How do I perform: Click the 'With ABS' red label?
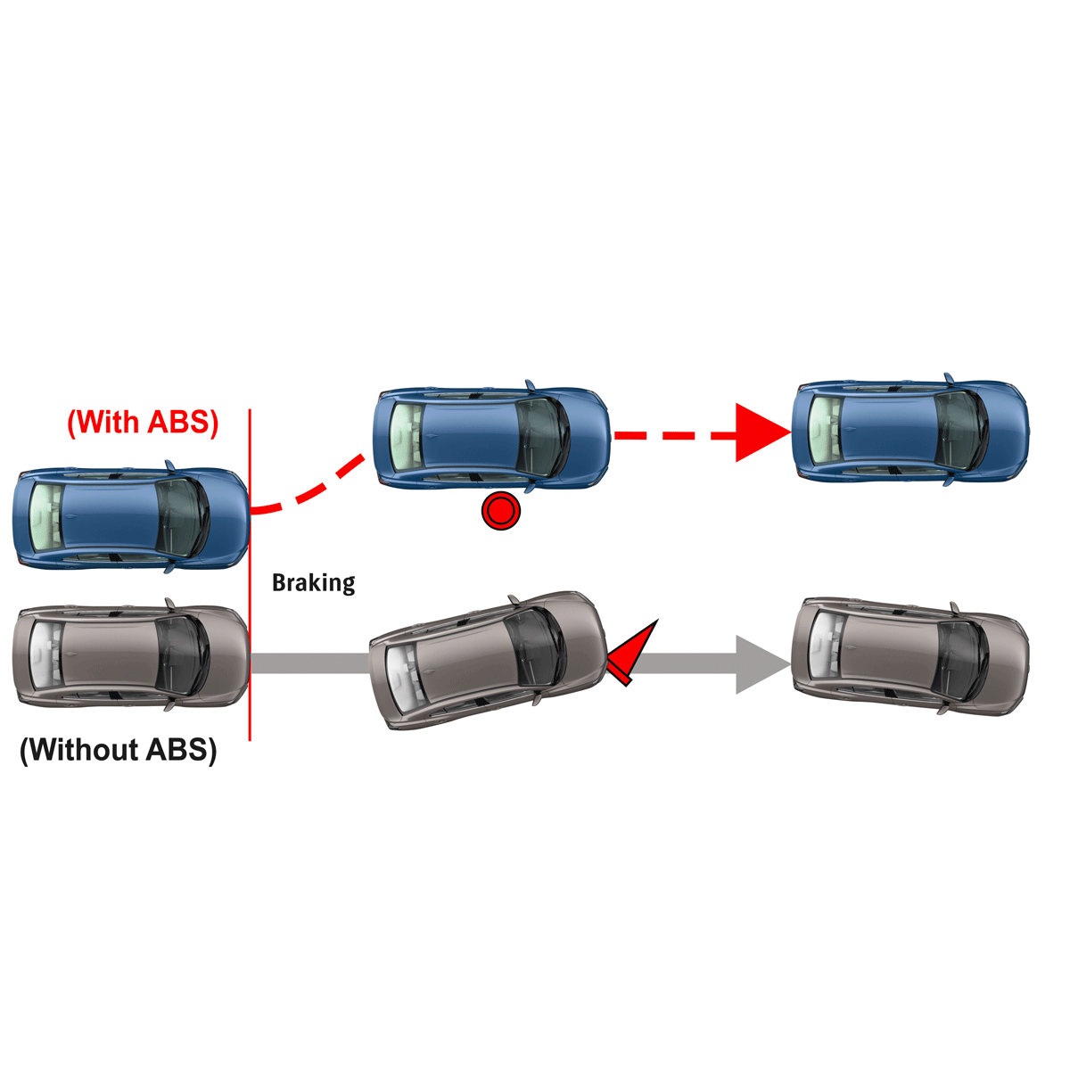143,422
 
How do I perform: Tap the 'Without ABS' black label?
119,750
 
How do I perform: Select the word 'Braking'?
313,583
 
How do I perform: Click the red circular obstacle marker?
500,512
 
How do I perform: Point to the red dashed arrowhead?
760,433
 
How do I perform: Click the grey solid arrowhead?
760,663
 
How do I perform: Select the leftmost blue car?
130,517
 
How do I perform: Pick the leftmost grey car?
130,658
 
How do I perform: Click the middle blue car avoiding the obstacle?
491,438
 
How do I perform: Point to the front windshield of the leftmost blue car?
182,517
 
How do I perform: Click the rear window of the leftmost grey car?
45,658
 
